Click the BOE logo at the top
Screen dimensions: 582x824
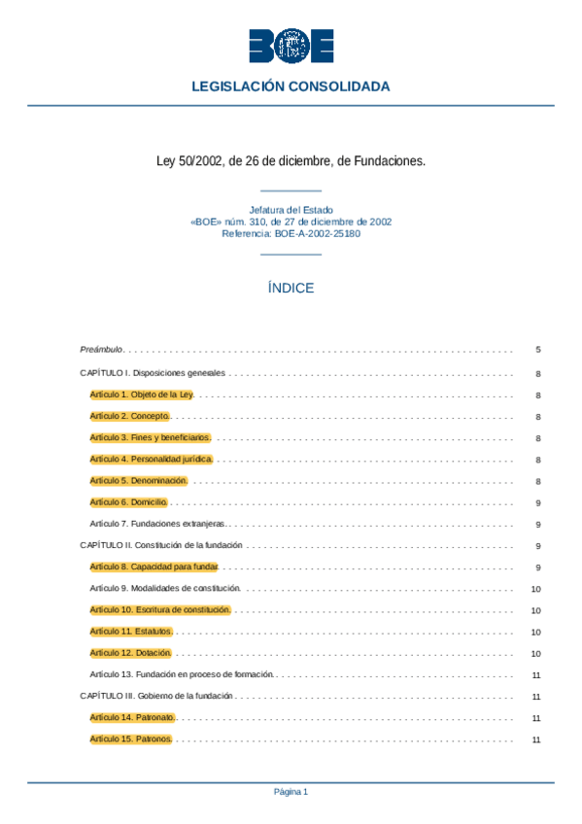pyautogui.click(x=291, y=46)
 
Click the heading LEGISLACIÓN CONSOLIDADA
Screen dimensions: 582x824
pyautogui.click(x=291, y=86)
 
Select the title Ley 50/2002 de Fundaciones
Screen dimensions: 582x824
pyautogui.click(x=291, y=161)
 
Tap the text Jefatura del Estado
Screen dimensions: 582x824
pyautogui.click(x=291, y=210)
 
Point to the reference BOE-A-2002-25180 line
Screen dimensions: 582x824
pyautogui.click(x=291, y=233)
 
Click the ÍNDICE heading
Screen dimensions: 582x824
pyautogui.click(x=291, y=289)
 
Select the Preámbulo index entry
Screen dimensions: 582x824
pyautogui.click(x=101, y=350)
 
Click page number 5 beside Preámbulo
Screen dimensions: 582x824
pyautogui.click(x=537, y=350)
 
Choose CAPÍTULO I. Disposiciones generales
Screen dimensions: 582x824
pyautogui.click(x=153, y=373)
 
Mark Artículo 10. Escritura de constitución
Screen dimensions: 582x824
pyautogui.click(x=159, y=610)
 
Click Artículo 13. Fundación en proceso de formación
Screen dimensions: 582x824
pyautogui.click(x=182, y=674)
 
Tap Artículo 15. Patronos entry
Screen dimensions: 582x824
pyautogui.click(x=130, y=739)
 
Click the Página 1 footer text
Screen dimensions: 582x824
pyautogui.click(x=291, y=792)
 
